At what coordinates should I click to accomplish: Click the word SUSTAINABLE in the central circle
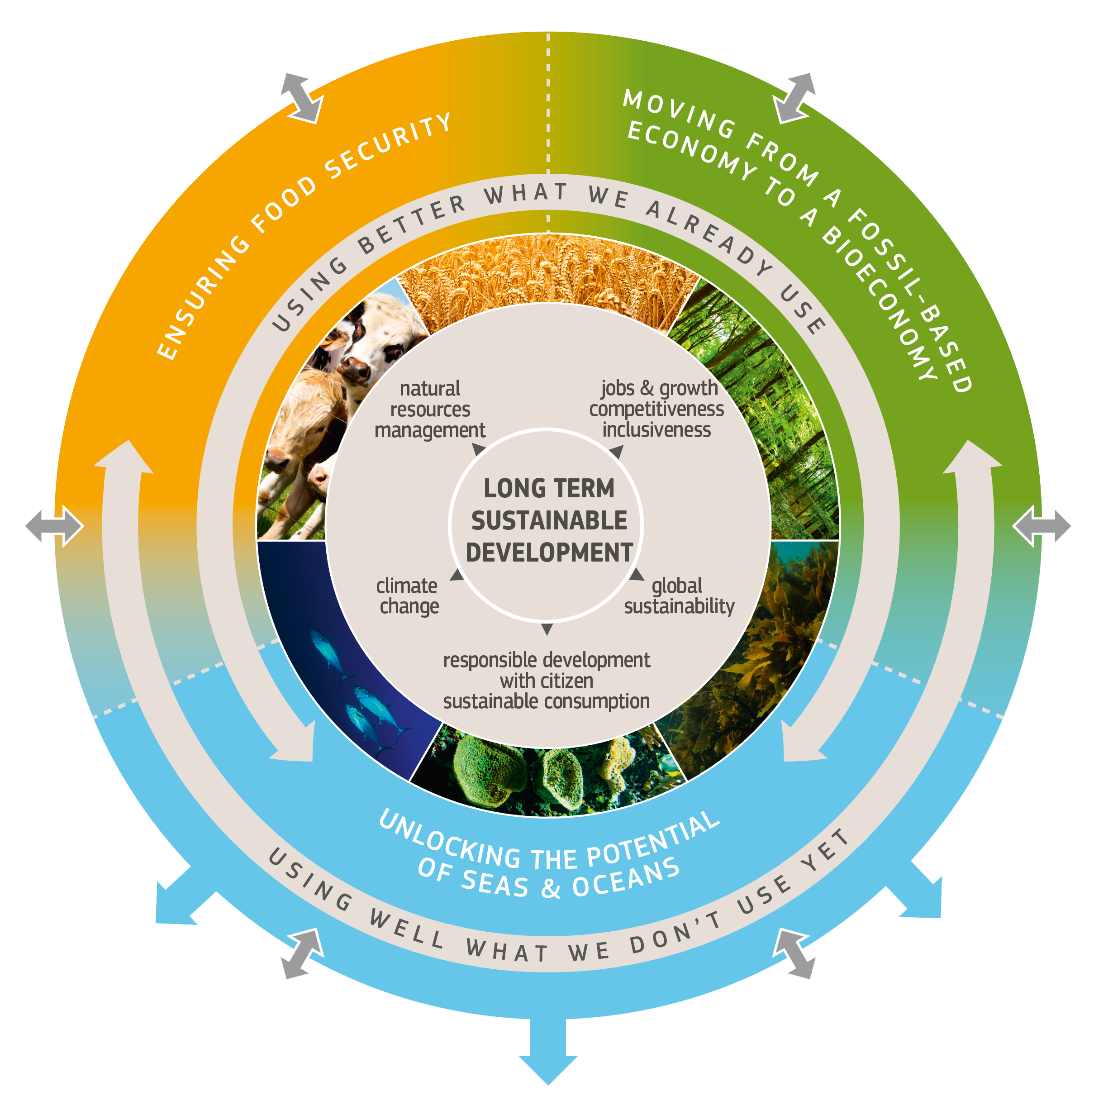[x=549, y=520]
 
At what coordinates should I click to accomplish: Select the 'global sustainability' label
[x=679, y=596]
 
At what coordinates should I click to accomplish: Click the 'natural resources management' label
[x=430, y=409]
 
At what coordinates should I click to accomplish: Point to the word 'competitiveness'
[x=656, y=409]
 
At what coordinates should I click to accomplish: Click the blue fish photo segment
[x=345, y=661]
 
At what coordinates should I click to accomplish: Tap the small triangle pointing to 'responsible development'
[x=547, y=629]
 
